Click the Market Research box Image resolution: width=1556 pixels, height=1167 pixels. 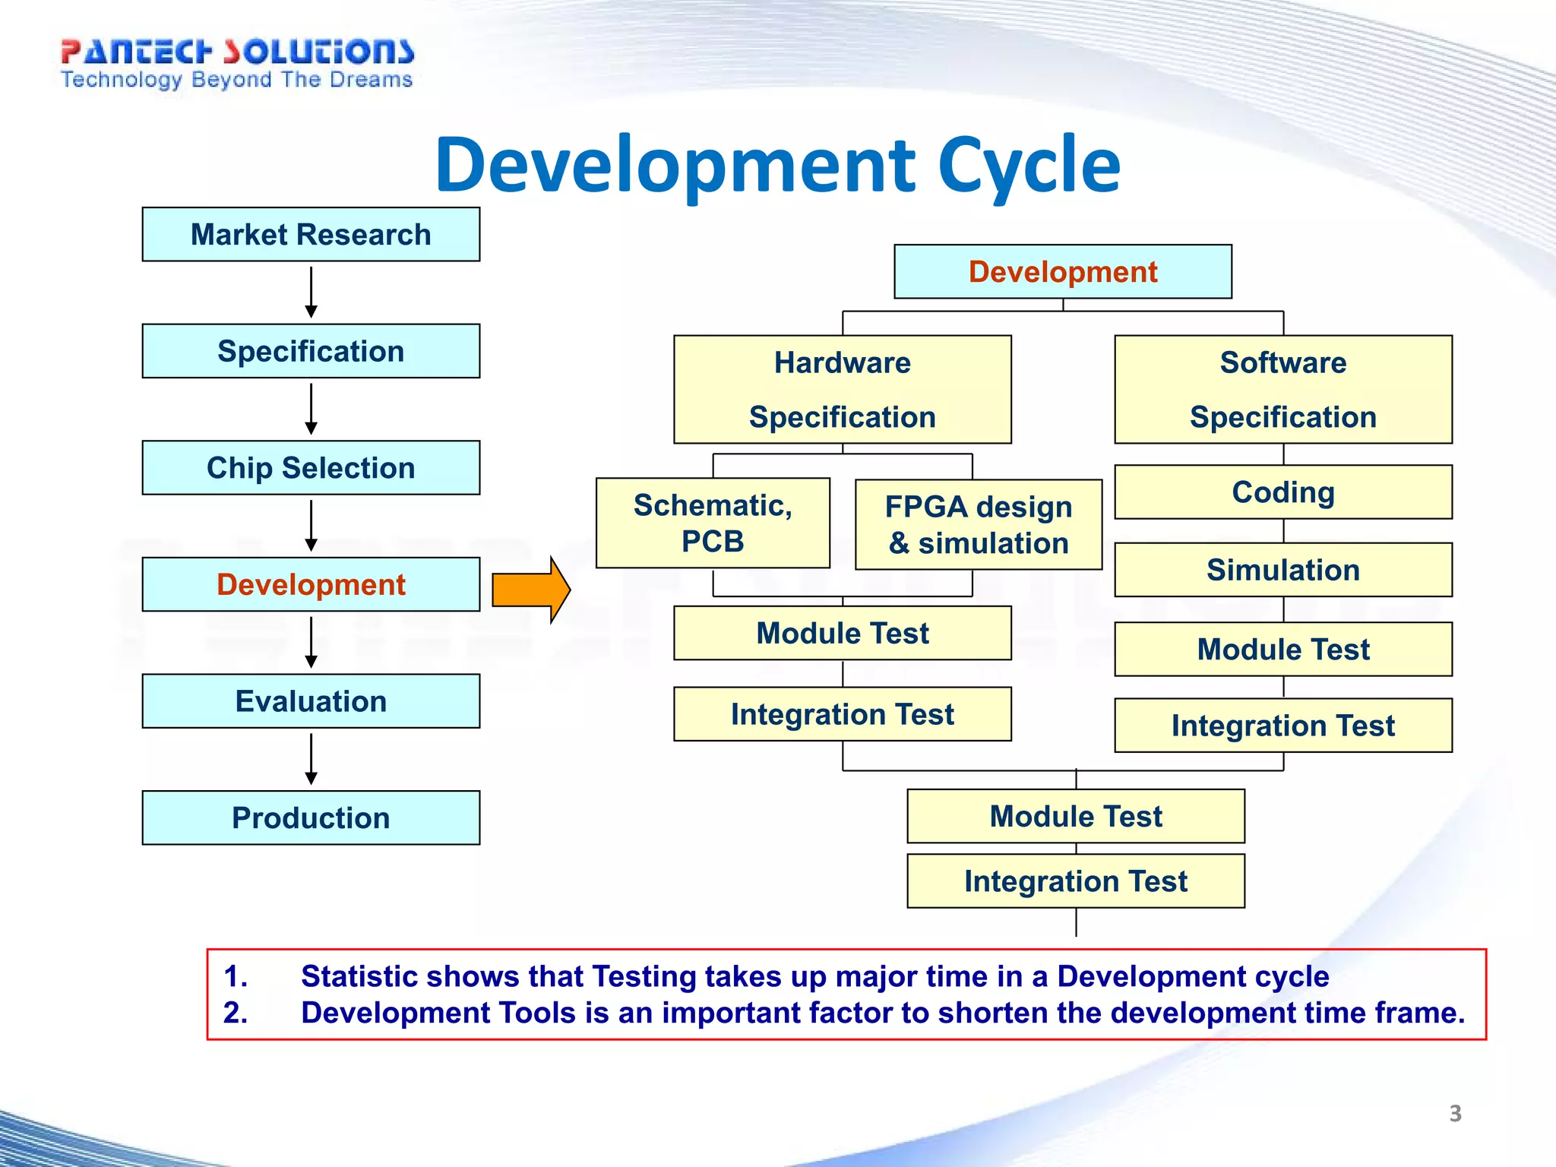(x=311, y=234)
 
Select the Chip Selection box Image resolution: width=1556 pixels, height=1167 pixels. (x=311, y=467)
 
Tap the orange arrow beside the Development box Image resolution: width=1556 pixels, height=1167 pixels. (x=530, y=590)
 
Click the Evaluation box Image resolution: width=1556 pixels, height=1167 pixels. (x=311, y=701)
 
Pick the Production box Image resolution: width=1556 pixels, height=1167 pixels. (x=311, y=818)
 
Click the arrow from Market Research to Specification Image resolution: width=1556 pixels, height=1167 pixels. (x=311, y=293)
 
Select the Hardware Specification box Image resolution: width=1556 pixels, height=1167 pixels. (x=842, y=389)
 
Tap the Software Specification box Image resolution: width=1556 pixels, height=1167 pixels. (x=1282, y=389)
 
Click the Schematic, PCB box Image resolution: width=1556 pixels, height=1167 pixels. (x=712, y=523)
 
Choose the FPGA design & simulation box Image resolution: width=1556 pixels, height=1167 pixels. (x=978, y=524)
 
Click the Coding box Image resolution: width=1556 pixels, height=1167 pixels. (x=1282, y=492)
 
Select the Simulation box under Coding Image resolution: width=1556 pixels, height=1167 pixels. (x=1282, y=569)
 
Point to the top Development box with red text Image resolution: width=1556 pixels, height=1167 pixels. (x=1062, y=271)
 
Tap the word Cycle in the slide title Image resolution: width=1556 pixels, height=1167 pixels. (x=1029, y=165)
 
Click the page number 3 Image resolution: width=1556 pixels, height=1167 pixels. (x=1455, y=1113)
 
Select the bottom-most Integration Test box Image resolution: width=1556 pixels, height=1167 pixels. (x=1075, y=881)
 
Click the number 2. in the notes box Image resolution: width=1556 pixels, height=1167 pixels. (x=236, y=1013)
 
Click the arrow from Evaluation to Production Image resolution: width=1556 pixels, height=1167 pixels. (x=311, y=759)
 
